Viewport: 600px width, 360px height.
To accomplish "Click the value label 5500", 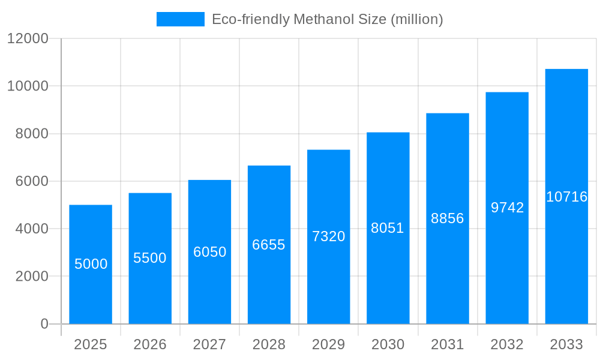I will coord(150,258).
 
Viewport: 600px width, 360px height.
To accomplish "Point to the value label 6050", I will coord(209,252).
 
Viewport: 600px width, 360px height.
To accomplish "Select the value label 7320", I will coord(329,236).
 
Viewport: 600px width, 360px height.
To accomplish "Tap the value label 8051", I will coord(388,228).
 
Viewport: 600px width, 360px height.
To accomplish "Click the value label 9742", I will coord(507,208).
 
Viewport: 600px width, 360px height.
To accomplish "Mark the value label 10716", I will coord(566,197).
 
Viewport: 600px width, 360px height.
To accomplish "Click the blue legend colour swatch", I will coord(180,19).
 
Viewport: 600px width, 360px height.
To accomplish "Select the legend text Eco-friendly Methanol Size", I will coord(327,19).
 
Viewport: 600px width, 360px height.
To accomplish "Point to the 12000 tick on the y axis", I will coord(27,38).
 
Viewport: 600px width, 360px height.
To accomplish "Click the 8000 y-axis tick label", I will coord(31,134).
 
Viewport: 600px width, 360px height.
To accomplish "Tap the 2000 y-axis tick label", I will coord(31,277).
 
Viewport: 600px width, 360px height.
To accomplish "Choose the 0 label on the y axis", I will coord(44,324).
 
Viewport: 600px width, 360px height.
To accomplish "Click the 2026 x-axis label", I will coord(150,344).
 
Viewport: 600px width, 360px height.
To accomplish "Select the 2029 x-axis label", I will coord(329,344).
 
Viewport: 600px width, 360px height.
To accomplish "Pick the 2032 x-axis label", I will coord(507,344).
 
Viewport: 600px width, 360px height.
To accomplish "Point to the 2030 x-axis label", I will coord(388,344).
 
